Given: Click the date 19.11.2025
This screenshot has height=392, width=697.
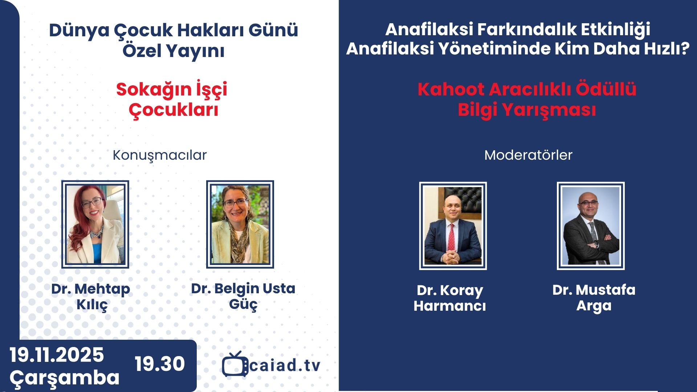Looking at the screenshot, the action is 57,355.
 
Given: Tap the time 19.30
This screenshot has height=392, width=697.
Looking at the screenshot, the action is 160,364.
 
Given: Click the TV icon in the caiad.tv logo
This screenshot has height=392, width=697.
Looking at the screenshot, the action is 235,364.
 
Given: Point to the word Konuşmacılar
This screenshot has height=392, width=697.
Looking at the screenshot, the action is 160,155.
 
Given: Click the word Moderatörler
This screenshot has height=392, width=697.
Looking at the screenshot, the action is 528,155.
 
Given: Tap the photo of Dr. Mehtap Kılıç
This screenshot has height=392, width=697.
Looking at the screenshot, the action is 95,224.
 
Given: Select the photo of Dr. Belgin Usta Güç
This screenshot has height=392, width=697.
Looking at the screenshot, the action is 240,224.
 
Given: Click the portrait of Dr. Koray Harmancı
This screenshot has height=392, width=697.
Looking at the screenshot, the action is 453,226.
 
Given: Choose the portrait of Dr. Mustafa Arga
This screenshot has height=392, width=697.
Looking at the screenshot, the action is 591,226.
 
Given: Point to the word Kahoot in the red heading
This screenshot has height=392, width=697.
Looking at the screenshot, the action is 451,89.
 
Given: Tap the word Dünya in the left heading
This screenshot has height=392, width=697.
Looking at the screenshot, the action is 79,31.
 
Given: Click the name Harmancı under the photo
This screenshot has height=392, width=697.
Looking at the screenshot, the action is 450,306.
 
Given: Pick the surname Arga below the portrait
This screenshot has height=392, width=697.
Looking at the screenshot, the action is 594,306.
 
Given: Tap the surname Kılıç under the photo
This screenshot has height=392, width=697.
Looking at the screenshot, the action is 92,305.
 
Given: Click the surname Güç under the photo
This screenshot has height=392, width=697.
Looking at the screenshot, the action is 243,304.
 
